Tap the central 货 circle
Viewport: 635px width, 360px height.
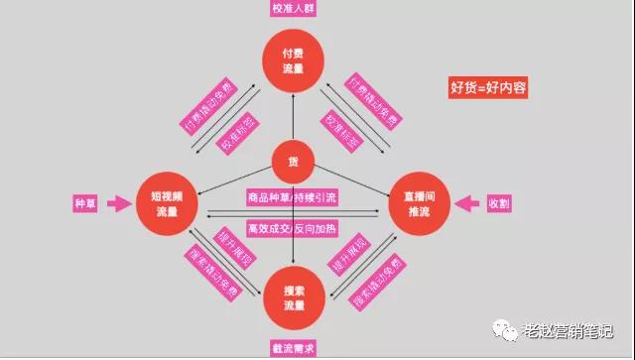293,162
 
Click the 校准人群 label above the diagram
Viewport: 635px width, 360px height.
293,9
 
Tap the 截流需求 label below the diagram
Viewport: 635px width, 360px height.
294,348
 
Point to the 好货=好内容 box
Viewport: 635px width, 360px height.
488,87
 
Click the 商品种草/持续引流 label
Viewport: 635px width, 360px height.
293,196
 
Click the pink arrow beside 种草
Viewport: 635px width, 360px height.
119,204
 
